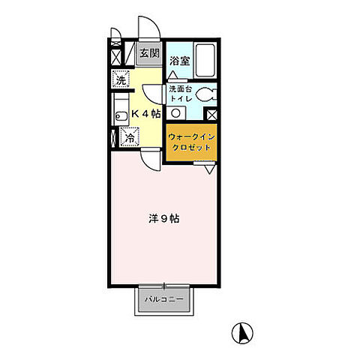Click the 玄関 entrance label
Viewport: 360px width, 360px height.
click(x=149, y=53)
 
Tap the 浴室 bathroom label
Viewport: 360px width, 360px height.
click(x=180, y=61)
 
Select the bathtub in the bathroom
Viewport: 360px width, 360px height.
click(x=205, y=61)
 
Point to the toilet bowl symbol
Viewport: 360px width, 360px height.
click(x=206, y=94)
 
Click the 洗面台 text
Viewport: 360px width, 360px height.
click(x=181, y=88)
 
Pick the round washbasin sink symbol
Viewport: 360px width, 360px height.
click(x=176, y=113)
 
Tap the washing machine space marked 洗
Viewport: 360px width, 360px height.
click(x=121, y=79)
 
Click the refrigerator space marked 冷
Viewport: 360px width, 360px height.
click(x=130, y=136)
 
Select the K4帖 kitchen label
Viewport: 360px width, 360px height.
click(x=146, y=114)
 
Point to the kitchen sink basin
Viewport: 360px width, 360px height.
click(x=121, y=116)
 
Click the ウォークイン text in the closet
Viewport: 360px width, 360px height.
click(x=191, y=136)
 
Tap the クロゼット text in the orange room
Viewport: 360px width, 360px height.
click(x=191, y=147)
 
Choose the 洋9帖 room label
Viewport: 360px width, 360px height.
click(x=164, y=219)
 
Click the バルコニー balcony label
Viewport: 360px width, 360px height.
click(x=164, y=299)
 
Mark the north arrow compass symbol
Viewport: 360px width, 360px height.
click(x=242, y=333)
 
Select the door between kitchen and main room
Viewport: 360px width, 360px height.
click(x=151, y=160)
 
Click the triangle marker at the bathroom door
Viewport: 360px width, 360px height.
click(x=172, y=75)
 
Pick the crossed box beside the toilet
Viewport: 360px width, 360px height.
click(x=212, y=115)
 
